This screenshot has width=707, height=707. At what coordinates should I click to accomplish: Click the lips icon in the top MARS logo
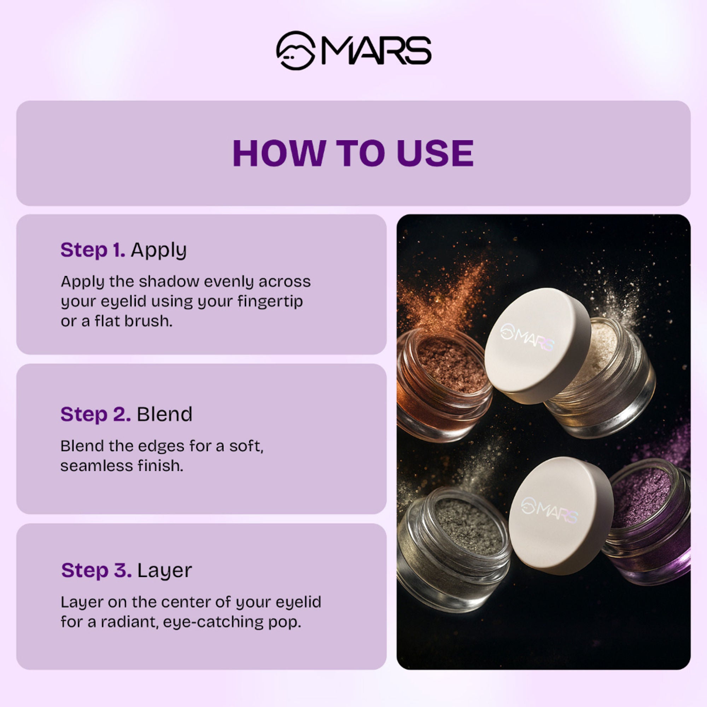(x=296, y=51)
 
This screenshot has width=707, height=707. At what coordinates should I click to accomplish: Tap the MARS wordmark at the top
(x=376, y=51)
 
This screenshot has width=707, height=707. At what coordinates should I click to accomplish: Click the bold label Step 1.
(x=93, y=250)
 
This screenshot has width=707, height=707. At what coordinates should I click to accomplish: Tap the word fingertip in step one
(x=270, y=302)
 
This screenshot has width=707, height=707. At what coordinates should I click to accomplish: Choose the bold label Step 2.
(x=95, y=414)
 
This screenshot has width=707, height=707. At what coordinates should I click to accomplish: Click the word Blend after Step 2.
(x=164, y=414)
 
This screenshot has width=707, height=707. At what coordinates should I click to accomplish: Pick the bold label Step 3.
(x=96, y=571)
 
